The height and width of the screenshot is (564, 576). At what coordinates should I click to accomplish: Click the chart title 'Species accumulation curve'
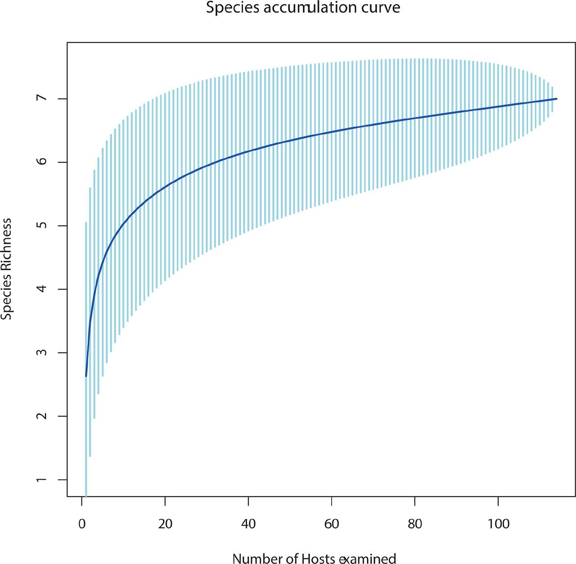[x=303, y=8]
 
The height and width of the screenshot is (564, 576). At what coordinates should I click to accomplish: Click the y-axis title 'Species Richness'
[x=6, y=269]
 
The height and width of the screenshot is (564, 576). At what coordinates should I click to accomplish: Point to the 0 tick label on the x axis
[x=82, y=524]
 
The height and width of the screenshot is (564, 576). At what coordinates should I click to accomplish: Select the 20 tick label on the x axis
[x=165, y=524]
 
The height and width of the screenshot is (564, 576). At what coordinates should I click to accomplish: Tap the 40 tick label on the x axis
[x=248, y=524]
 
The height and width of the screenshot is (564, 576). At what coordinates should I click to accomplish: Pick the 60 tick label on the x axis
[x=332, y=524]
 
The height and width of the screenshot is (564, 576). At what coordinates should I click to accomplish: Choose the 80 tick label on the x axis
[x=415, y=524]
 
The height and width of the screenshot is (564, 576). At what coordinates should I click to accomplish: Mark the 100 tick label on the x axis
[x=498, y=524]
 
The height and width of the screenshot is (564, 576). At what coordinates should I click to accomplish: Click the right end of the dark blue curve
[x=557, y=99]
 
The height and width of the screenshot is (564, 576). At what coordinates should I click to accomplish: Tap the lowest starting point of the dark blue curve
[x=86, y=375]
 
